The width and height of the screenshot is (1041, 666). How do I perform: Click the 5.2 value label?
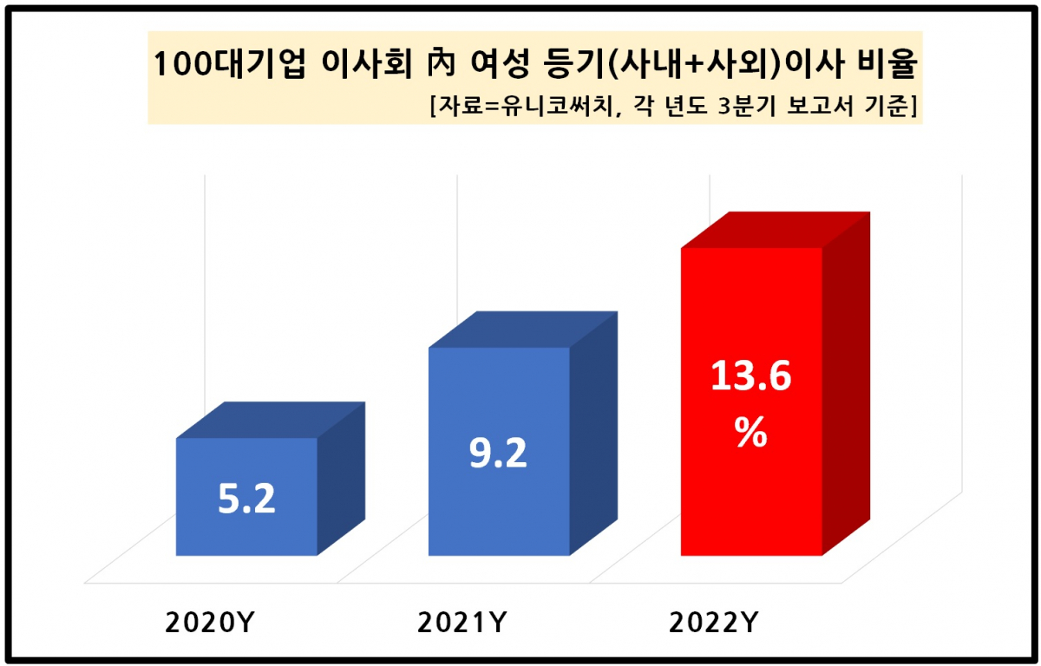tap(246, 499)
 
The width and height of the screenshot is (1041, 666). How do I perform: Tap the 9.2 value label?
tap(498, 453)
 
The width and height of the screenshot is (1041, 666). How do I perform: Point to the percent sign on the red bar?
tap(751, 433)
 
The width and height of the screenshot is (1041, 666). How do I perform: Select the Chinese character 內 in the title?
tap(429, 64)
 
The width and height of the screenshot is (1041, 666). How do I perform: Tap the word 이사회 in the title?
tap(352, 64)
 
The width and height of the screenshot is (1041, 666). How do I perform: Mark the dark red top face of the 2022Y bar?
tap(775, 230)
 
